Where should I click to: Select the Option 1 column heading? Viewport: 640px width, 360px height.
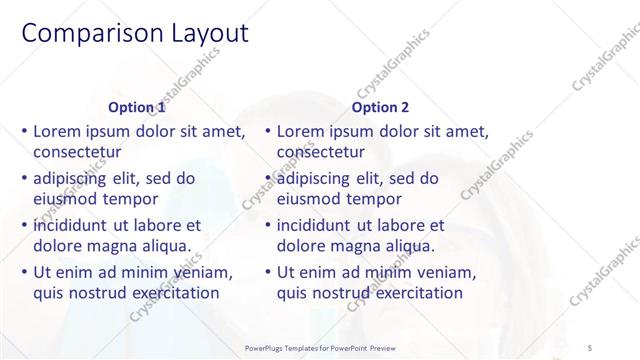point(137,107)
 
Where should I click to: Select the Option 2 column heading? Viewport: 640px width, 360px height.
point(380,107)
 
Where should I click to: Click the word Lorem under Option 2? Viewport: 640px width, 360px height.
point(302,131)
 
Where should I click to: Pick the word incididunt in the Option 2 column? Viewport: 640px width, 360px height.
point(319,225)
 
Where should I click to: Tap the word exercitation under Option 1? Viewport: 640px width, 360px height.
point(168,293)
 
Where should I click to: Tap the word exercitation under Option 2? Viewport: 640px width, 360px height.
point(411,293)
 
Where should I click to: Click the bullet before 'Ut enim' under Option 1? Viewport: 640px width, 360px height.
point(24,272)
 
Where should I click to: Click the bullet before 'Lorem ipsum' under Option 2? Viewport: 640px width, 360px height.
point(267,131)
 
